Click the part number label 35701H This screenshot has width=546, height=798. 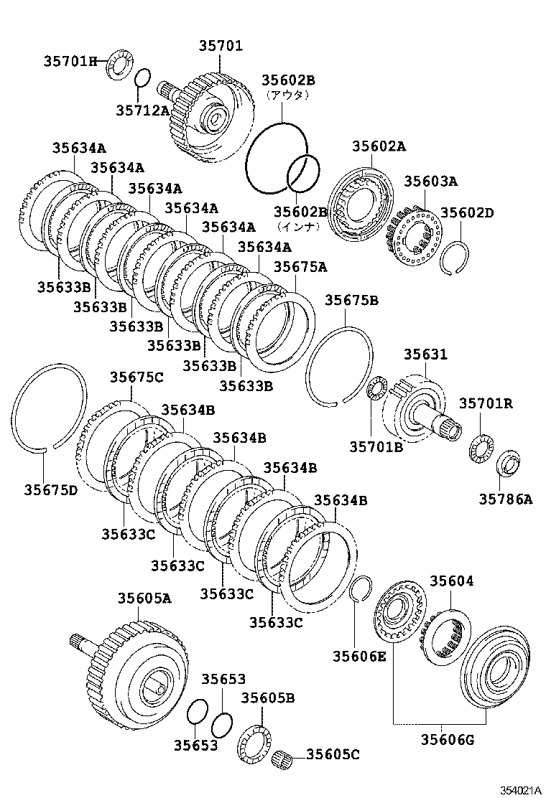click(70, 62)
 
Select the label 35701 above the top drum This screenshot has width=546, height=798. click(221, 47)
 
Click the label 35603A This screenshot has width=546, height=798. click(430, 182)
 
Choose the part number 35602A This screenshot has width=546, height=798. click(379, 147)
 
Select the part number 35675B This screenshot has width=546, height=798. click(351, 301)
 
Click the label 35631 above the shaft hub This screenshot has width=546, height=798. click(425, 355)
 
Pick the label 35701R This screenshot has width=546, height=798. click(486, 403)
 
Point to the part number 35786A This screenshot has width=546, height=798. click(506, 499)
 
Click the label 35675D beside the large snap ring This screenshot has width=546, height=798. click(50, 489)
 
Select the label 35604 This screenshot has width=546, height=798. click(452, 581)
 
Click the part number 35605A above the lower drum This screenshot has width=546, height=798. click(144, 598)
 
